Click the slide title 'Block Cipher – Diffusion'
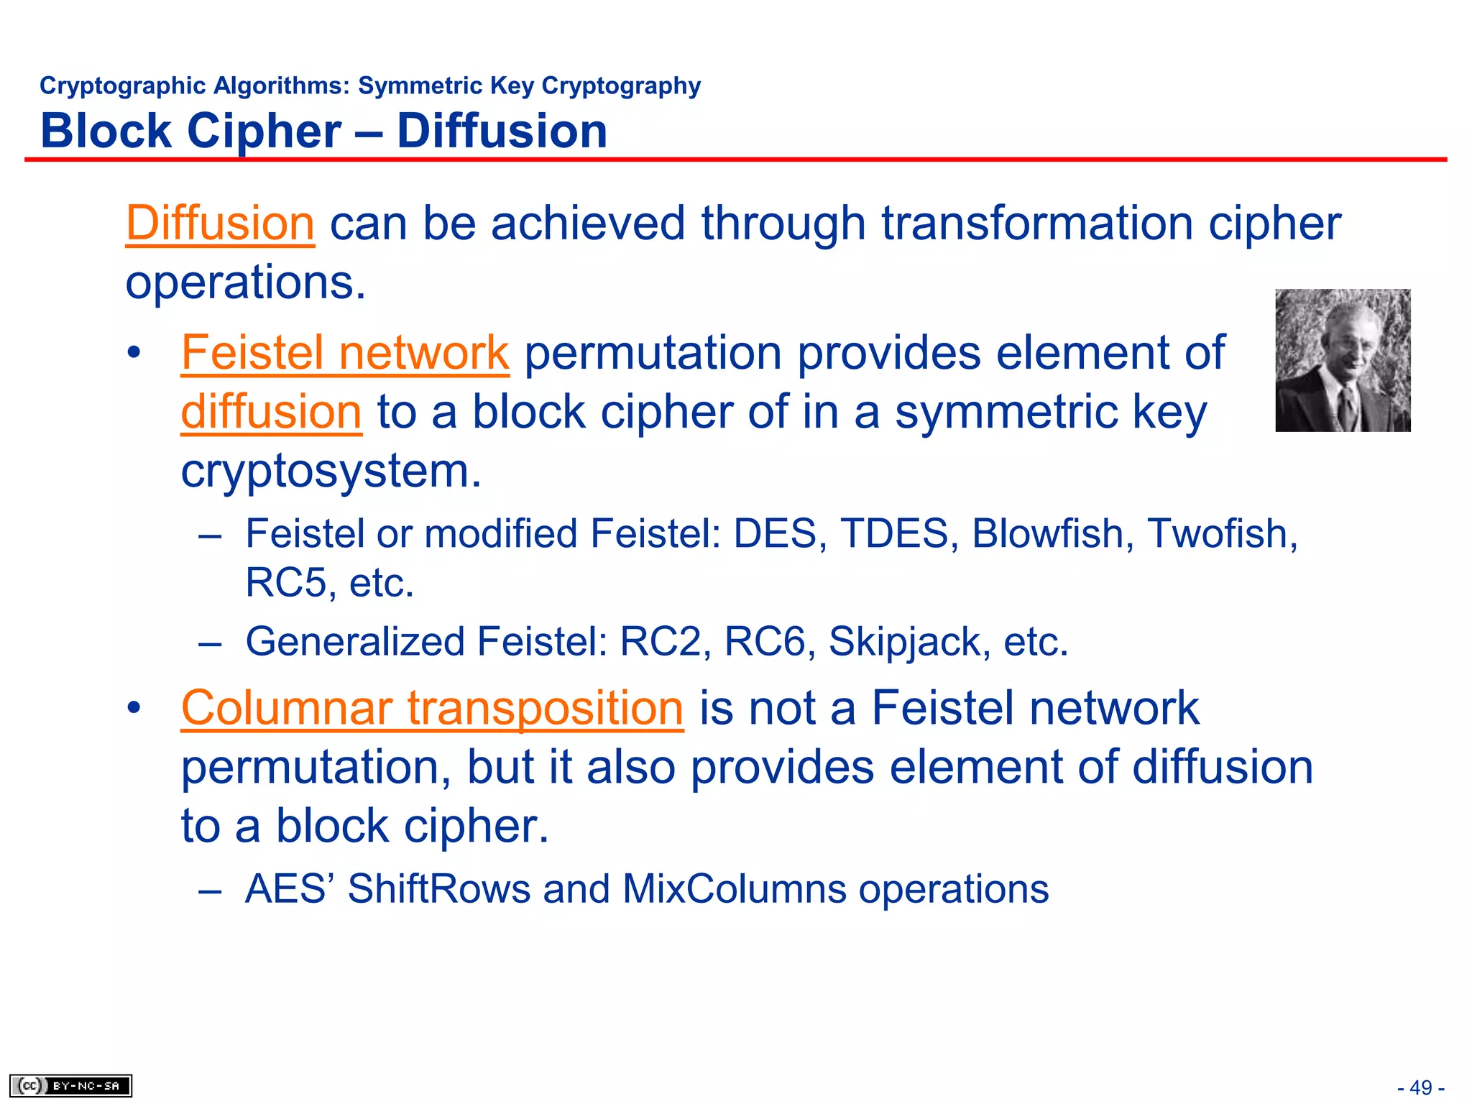pos(323,132)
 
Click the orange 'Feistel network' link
pos(345,353)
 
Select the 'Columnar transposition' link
pos(432,708)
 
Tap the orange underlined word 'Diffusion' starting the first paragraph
pos(220,224)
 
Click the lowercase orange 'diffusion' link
pos(271,412)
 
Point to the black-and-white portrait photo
pos(1343,360)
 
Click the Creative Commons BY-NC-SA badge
pos(70,1085)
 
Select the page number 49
pos(1421,1087)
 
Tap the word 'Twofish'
pos(1221,534)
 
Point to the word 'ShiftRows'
pos(438,889)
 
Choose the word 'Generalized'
pos(355,642)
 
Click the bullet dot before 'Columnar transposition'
pos(134,709)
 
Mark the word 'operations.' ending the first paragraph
pos(246,282)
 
